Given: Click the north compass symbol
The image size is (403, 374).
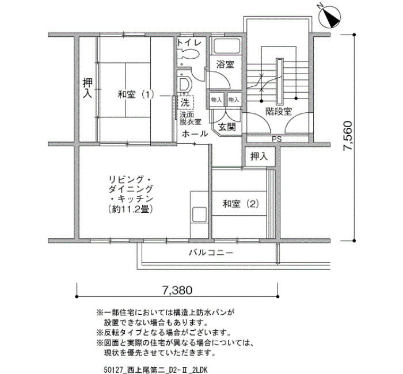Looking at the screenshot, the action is [329, 16].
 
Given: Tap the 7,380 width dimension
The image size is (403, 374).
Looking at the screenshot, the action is [177, 290].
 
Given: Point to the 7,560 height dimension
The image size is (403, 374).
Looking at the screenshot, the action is [348, 135].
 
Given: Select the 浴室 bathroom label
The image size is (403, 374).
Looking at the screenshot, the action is [225, 64].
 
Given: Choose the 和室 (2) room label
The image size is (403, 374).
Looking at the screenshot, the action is [241, 204].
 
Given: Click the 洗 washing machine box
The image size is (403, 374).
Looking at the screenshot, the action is [185, 102].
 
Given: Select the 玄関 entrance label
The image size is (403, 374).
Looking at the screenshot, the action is [227, 127].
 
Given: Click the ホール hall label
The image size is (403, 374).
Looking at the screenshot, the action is [195, 133].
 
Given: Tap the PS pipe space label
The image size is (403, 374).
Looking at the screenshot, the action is [277, 139].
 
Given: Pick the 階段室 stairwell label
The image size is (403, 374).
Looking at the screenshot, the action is [279, 112].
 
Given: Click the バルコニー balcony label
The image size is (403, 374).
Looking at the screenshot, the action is [211, 253].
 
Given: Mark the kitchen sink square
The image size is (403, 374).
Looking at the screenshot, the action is [199, 215].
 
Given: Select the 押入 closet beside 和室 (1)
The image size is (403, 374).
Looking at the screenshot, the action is [88, 88].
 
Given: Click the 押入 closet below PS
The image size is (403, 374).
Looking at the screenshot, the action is [259, 156].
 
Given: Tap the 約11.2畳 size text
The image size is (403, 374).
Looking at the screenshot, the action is [131, 209].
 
